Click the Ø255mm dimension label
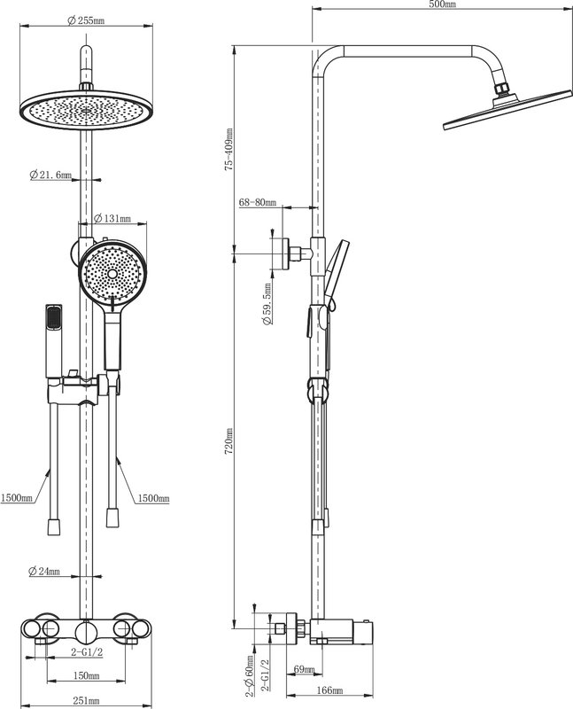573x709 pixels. (86, 20)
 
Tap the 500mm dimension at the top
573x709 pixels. (443, 4)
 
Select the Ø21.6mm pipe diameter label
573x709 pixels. (50, 175)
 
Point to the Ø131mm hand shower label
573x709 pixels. (112, 218)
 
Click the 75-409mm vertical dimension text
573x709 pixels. (229, 149)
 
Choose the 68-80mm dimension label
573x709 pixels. (257, 202)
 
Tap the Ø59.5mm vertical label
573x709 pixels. (267, 304)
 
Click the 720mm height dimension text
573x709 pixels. (229, 441)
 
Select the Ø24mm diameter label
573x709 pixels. (43, 571)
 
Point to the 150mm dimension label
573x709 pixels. (86, 675)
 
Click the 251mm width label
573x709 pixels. (86, 701)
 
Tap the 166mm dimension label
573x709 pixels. (329, 690)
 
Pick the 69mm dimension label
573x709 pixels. (304, 669)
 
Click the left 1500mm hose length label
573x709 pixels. (16, 498)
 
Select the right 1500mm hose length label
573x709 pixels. (153, 498)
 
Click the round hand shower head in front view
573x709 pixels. (112, 274)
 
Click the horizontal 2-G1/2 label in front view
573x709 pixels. (87, 651)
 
